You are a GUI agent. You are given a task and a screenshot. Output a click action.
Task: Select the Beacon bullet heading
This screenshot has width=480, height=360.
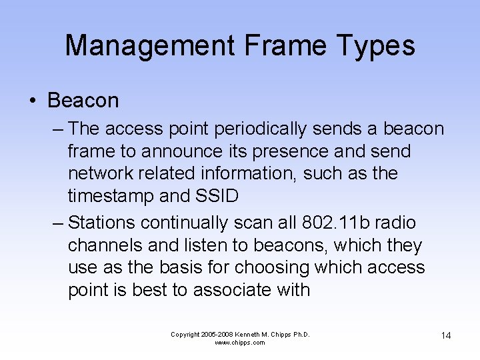(83, 101)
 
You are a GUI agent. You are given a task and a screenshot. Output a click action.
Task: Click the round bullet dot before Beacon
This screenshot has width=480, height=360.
(32, 101)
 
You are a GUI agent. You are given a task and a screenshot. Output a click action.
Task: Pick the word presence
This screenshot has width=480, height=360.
(283, 151)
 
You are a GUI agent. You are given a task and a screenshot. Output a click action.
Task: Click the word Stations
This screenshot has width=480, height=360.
(107, 221)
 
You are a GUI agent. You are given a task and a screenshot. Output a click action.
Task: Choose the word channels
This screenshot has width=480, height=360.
(105, 245)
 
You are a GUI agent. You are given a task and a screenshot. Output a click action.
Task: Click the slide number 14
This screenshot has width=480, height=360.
(445, 335)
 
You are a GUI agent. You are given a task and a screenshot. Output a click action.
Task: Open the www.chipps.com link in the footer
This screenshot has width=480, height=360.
(240, 343)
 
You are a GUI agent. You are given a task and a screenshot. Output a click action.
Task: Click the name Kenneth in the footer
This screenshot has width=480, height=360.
(251, 334)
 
